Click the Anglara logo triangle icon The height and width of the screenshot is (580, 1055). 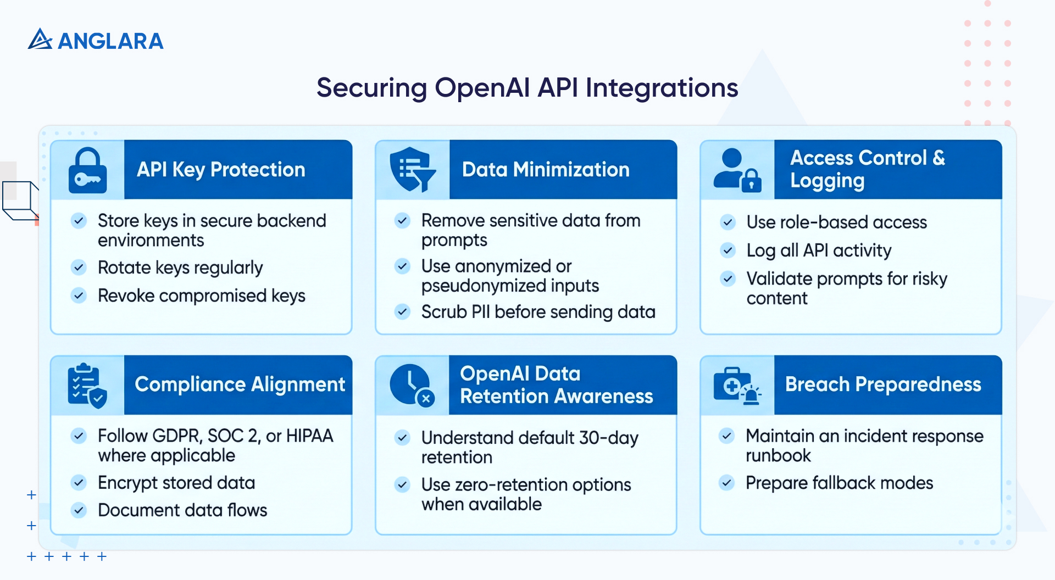40,40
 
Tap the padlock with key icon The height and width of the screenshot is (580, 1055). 88,170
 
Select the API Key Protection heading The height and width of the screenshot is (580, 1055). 221,170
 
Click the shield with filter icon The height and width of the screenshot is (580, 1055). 412,169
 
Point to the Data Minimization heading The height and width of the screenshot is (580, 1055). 546,170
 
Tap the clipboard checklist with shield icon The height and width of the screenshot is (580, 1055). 87,386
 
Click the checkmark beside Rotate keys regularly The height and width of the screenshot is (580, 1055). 79,267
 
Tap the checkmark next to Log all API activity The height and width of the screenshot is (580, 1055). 728,250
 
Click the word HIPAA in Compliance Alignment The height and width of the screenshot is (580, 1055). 309,436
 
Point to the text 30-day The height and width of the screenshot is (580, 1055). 608,438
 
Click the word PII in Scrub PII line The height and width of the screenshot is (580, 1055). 481,312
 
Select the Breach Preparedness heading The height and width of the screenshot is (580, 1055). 882,384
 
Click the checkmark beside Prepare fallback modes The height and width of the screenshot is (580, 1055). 727,483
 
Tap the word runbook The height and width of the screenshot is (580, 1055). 778,456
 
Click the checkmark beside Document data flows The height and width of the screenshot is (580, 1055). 79,510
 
